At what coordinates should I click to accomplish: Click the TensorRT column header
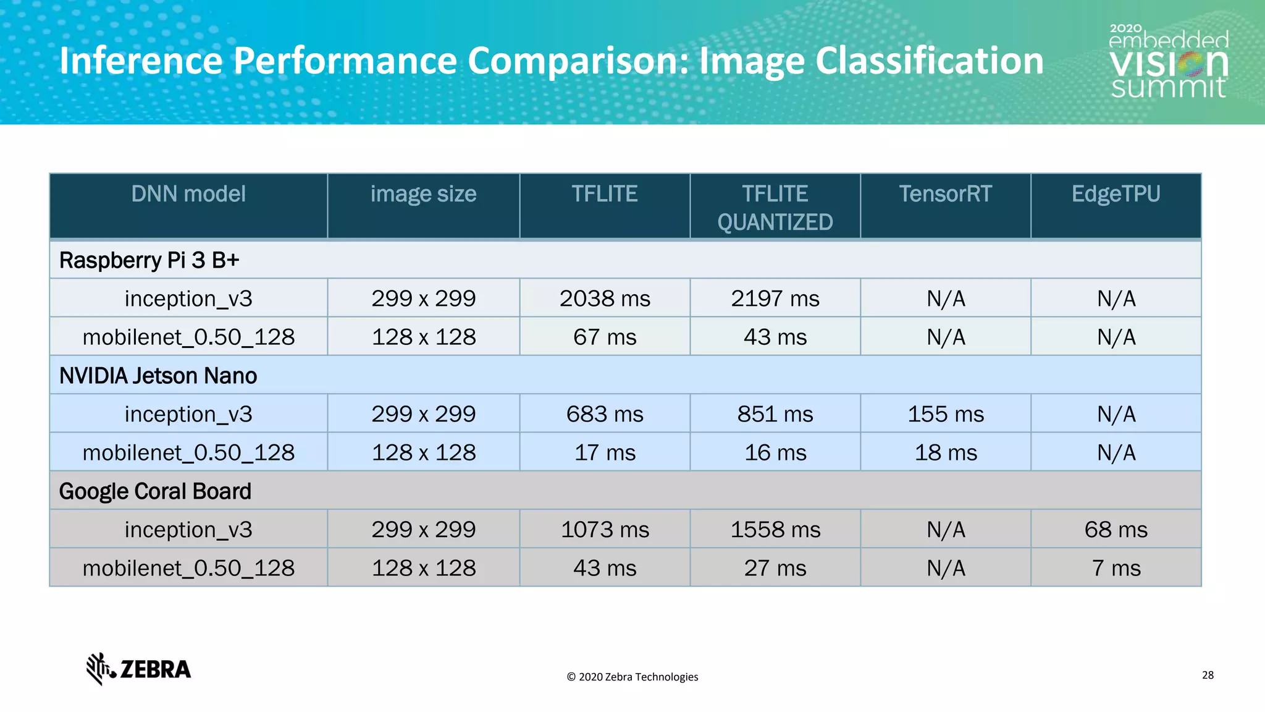(945, 194)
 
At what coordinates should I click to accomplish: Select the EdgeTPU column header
(1116, 194)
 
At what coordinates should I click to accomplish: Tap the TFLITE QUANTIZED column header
(775, 208)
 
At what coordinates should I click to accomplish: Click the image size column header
(423, 194)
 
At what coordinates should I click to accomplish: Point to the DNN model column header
(188, 194)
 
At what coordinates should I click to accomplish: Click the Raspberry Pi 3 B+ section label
(149, 260)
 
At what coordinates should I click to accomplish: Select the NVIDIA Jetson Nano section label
(158, 376)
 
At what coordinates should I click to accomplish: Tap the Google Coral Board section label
(155, 491)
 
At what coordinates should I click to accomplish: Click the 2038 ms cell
(605, 299)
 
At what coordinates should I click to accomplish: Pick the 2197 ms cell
(775, 299)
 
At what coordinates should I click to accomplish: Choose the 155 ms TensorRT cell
(946, 414)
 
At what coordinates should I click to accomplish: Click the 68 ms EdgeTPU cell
(1116, 530)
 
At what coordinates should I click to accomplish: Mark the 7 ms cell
(1116, 568)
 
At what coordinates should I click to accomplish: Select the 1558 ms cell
(775, 530)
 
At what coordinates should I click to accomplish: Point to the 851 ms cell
(775, 414)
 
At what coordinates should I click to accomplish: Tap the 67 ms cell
(605, 337)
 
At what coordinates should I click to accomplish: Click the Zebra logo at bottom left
(138, 669)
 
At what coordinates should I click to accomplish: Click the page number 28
(1208, 675)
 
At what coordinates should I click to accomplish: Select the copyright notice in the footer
(632, 677)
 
